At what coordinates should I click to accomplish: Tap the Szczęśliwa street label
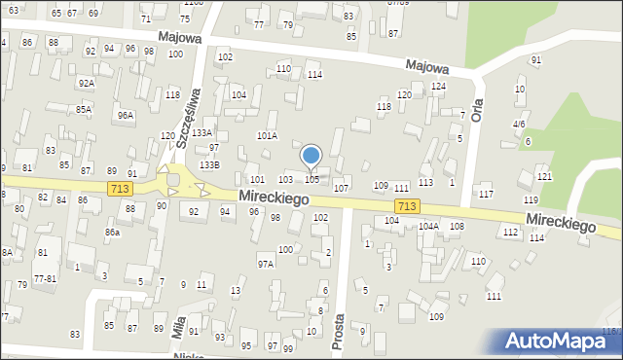[x=188, y=117]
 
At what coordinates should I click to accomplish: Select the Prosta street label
[x=339, y=333]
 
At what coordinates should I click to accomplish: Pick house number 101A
[x=267, y=136]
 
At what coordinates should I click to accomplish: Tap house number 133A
[x=202, y=132]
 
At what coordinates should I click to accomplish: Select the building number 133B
[x=209, y=165]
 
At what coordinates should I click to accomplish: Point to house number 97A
[x=265, y=264]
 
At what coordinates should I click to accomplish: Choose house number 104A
[x=429, y=226]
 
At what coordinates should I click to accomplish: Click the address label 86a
[x=113, y=233]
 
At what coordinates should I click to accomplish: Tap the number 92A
[x=87, y=83]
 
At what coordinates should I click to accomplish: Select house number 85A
[x=84, y=109]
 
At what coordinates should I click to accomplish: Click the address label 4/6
[x=520, y=125]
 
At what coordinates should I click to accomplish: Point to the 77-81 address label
[x=45, y=278]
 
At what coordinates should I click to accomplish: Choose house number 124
[x=439, y=87]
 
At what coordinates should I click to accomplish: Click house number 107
[x=341, y=187]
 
